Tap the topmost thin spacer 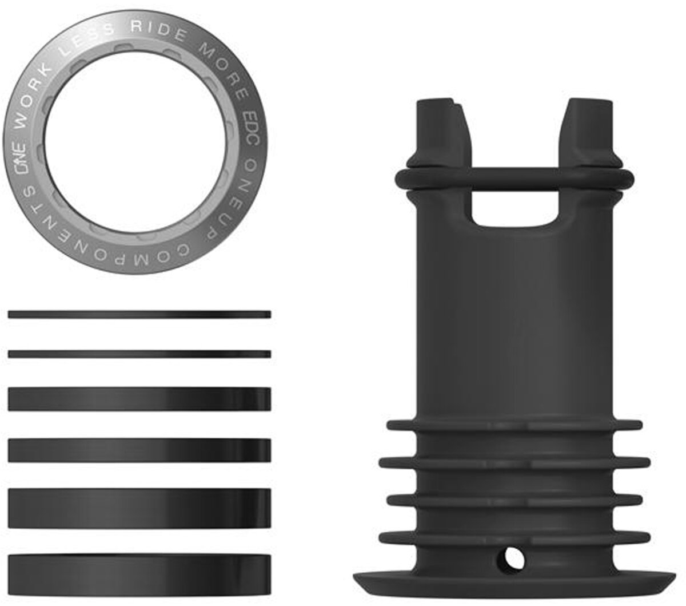[139, 314]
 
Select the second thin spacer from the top [139, 354]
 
